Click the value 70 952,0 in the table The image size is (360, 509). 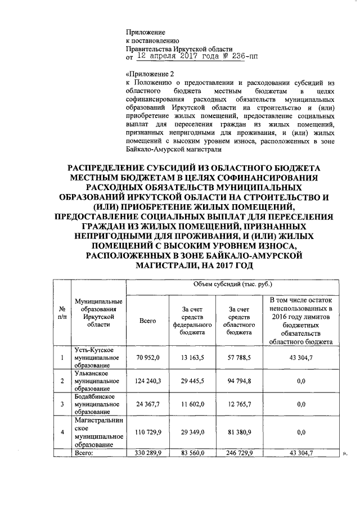point(148,358)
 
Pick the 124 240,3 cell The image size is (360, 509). point(148,381)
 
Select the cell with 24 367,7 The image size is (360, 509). point(148,404)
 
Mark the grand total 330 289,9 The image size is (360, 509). point(148,452)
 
